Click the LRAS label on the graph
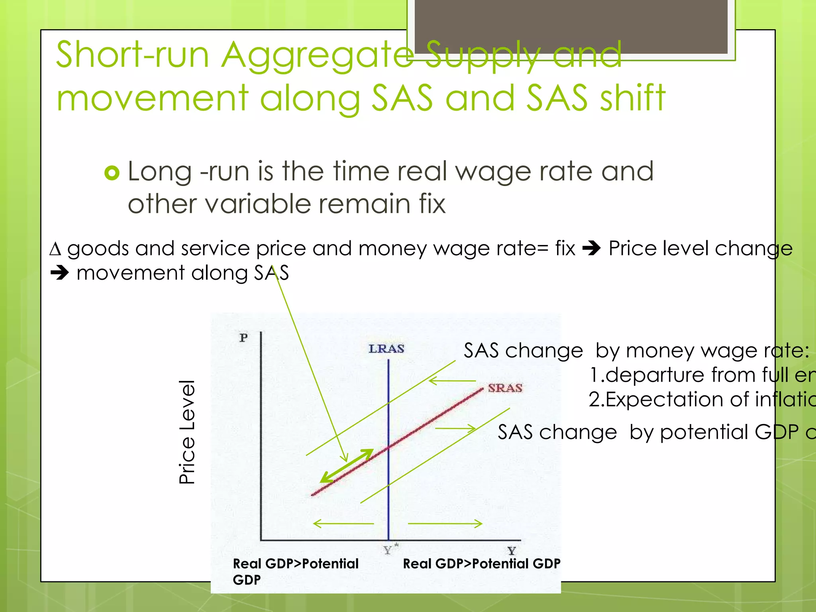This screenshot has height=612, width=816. (x=386, y=349)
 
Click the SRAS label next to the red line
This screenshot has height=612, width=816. (x=505, y=388)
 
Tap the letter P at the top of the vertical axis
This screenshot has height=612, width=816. (x=243, y=338)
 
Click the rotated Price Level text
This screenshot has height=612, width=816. (x=187, y=432)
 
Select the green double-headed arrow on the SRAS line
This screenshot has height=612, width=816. (x=347, y=466)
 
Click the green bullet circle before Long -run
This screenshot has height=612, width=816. (x=112, y=173)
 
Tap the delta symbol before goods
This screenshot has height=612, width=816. (x=55, y=249)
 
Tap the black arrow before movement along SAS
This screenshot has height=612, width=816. (x=60, y=273)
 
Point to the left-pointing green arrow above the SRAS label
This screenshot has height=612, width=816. (x=452, y=381)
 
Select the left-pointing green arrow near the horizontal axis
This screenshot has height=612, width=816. (x=343, y=523)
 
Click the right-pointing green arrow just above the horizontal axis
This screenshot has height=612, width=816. (x=445, y=523)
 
